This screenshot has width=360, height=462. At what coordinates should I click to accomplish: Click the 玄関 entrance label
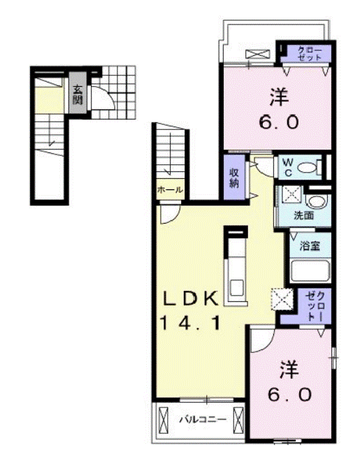[78, 94]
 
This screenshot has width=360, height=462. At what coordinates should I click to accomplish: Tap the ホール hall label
[170, 189]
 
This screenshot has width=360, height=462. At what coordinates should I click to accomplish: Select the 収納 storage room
[234, 178]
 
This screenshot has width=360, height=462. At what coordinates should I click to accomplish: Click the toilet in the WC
[310, 168]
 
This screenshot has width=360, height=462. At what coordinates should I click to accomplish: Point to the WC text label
[287, 168]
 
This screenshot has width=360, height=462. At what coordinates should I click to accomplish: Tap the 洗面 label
[304, 215]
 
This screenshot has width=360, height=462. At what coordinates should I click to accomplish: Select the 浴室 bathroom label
[310, 245]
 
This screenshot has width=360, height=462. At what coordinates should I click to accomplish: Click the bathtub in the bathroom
[310, 270]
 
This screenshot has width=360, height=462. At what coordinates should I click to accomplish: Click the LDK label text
[192, 298]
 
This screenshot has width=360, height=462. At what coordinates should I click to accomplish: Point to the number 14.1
[190, 322]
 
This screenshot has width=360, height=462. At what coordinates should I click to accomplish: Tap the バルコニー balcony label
[203, 419]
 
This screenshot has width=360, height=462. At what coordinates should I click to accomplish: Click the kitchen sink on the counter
[236, 288]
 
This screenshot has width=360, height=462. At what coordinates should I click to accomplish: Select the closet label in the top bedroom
[310, 54]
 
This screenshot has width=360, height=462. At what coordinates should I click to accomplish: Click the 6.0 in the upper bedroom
[279, 122]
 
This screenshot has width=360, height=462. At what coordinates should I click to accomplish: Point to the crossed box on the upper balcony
[258, 54]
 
